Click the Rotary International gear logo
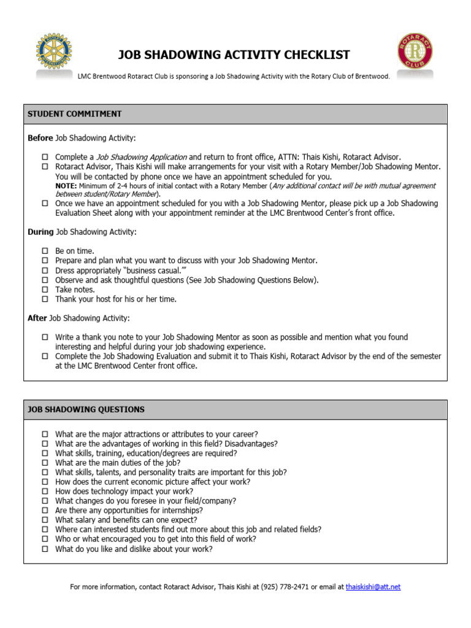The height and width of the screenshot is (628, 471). click(x=55, y=52)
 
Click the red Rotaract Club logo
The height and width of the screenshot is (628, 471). click(x=415, y=51)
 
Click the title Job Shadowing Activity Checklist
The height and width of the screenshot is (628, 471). click(x=234, y=55)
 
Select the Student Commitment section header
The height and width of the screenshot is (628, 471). click(x=75, y=114)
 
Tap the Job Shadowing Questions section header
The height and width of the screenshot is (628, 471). click(x=86, y=409)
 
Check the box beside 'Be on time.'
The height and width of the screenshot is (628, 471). click(x=45, y=251)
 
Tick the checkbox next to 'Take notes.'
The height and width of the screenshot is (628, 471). click(x=45, y=289)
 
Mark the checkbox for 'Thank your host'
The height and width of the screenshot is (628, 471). click(x=45, y=299)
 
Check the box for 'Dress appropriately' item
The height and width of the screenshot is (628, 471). click(x=45, y=270)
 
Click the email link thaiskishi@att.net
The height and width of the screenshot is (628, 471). click(x=373, y=587)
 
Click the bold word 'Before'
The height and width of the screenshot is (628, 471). click(x=40, y=138)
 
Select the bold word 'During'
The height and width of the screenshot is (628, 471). click(x=40, y=232)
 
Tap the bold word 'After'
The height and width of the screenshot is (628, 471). click(x=37, y=318)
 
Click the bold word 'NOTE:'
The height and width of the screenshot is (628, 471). click(x=66, y=185)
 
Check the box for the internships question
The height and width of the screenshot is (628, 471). click(x=45, y=510)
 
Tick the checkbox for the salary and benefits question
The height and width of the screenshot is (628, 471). click(x=45, y=520)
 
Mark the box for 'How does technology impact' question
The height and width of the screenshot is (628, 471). click(x=45, y=491)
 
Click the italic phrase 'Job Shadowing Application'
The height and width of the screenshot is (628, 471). click(x=141, y=157)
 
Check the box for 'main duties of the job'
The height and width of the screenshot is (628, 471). click(x=45, y=463)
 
